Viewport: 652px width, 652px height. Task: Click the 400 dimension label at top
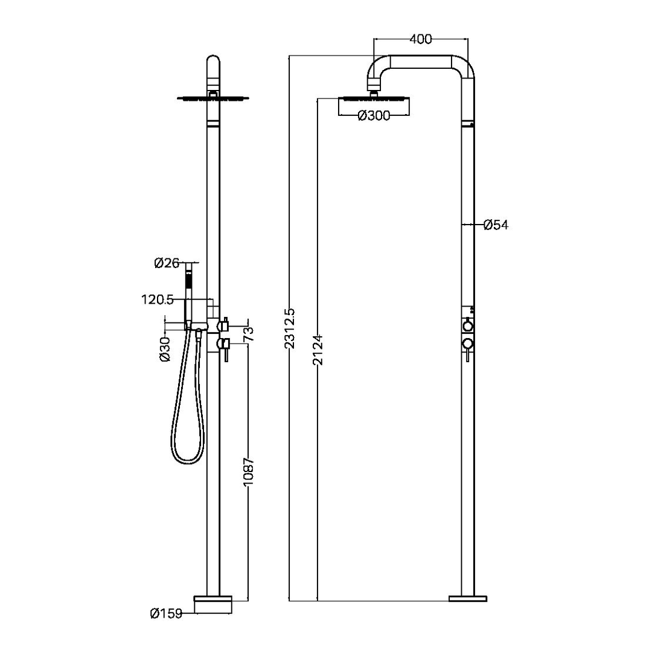point(420,39)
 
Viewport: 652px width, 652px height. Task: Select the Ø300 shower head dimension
point(374,117)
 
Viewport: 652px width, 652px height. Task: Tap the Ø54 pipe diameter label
point(496,225)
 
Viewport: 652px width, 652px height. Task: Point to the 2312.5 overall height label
point(290,327)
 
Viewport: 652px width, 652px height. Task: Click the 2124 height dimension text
point(318,348)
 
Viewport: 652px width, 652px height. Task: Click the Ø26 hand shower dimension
point(167,263)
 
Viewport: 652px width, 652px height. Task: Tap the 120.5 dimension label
point(158,299)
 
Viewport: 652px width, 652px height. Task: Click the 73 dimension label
point(248,333)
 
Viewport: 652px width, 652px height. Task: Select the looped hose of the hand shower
point(183,423)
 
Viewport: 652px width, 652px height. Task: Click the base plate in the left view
point(213,604)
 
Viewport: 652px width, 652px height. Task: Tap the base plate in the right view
point(467,598)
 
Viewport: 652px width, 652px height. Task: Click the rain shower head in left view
point(213,98)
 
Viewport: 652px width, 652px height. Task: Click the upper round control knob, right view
point(467,326)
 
